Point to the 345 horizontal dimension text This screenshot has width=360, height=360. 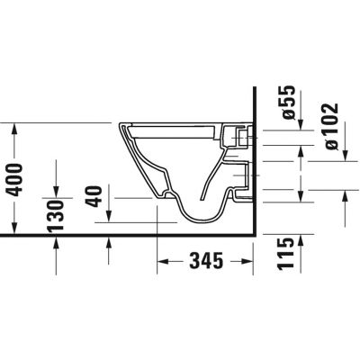pos(206,262)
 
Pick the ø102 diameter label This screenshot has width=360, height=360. pos(330,125)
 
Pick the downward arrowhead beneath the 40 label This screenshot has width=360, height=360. pos(108,218)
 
